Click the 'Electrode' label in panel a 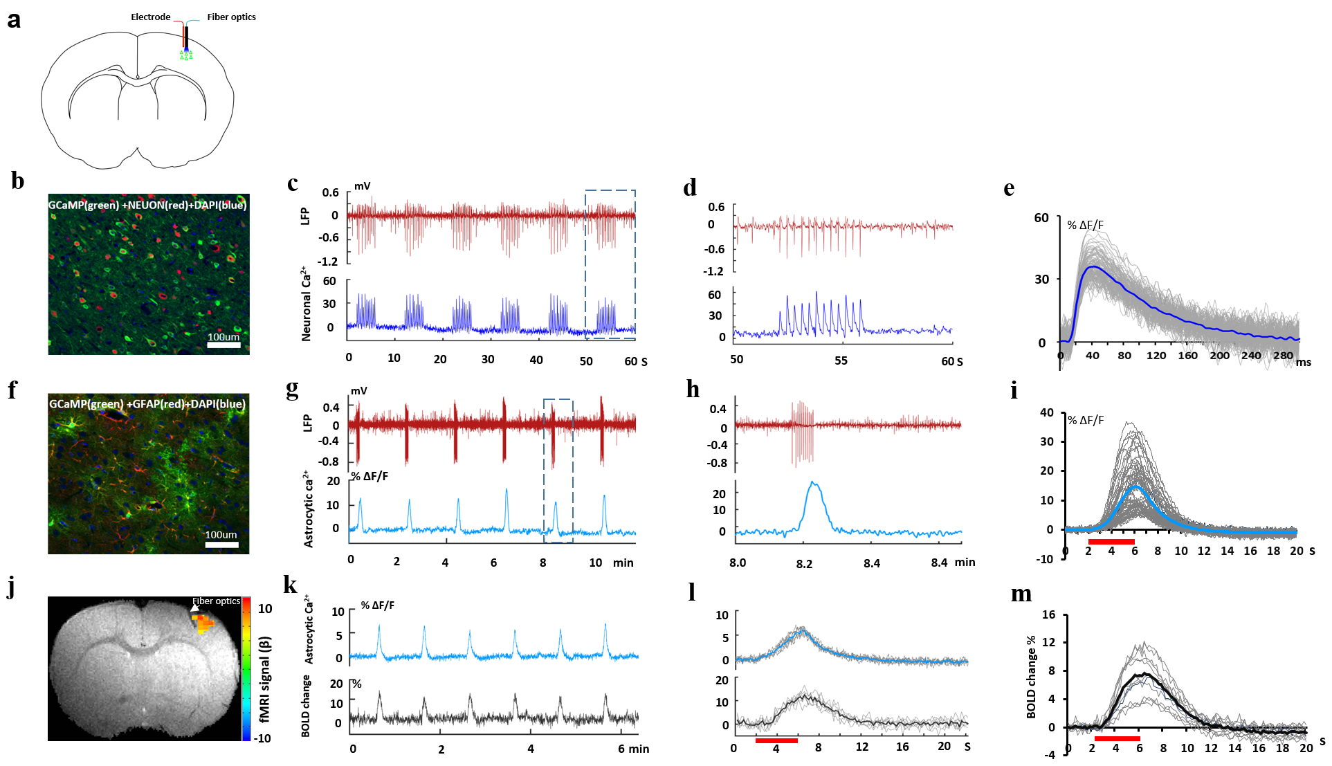click(150, 17)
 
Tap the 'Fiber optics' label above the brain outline click(231, 17)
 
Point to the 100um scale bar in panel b click(223, 345)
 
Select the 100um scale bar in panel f click(221, 545)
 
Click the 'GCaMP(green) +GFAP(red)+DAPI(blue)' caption click(147, 404)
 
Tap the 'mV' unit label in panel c click(362, 185)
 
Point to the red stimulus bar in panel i click(1111, 541)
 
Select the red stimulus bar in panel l click(776, 740)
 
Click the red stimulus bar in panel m click(1117, 738)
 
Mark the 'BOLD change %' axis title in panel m click(1031, 676)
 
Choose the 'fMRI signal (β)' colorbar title click(265, 679)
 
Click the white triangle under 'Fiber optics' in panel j click(195, 608)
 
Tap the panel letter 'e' click(1009, 188)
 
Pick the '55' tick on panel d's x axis click(841, 361)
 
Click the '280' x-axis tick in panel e click(1283, 356)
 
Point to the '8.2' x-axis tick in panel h click(804, 564)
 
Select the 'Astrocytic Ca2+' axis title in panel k click(309, 629)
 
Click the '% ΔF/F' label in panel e click(1085, 225)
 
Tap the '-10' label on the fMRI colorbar click(262, 738)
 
